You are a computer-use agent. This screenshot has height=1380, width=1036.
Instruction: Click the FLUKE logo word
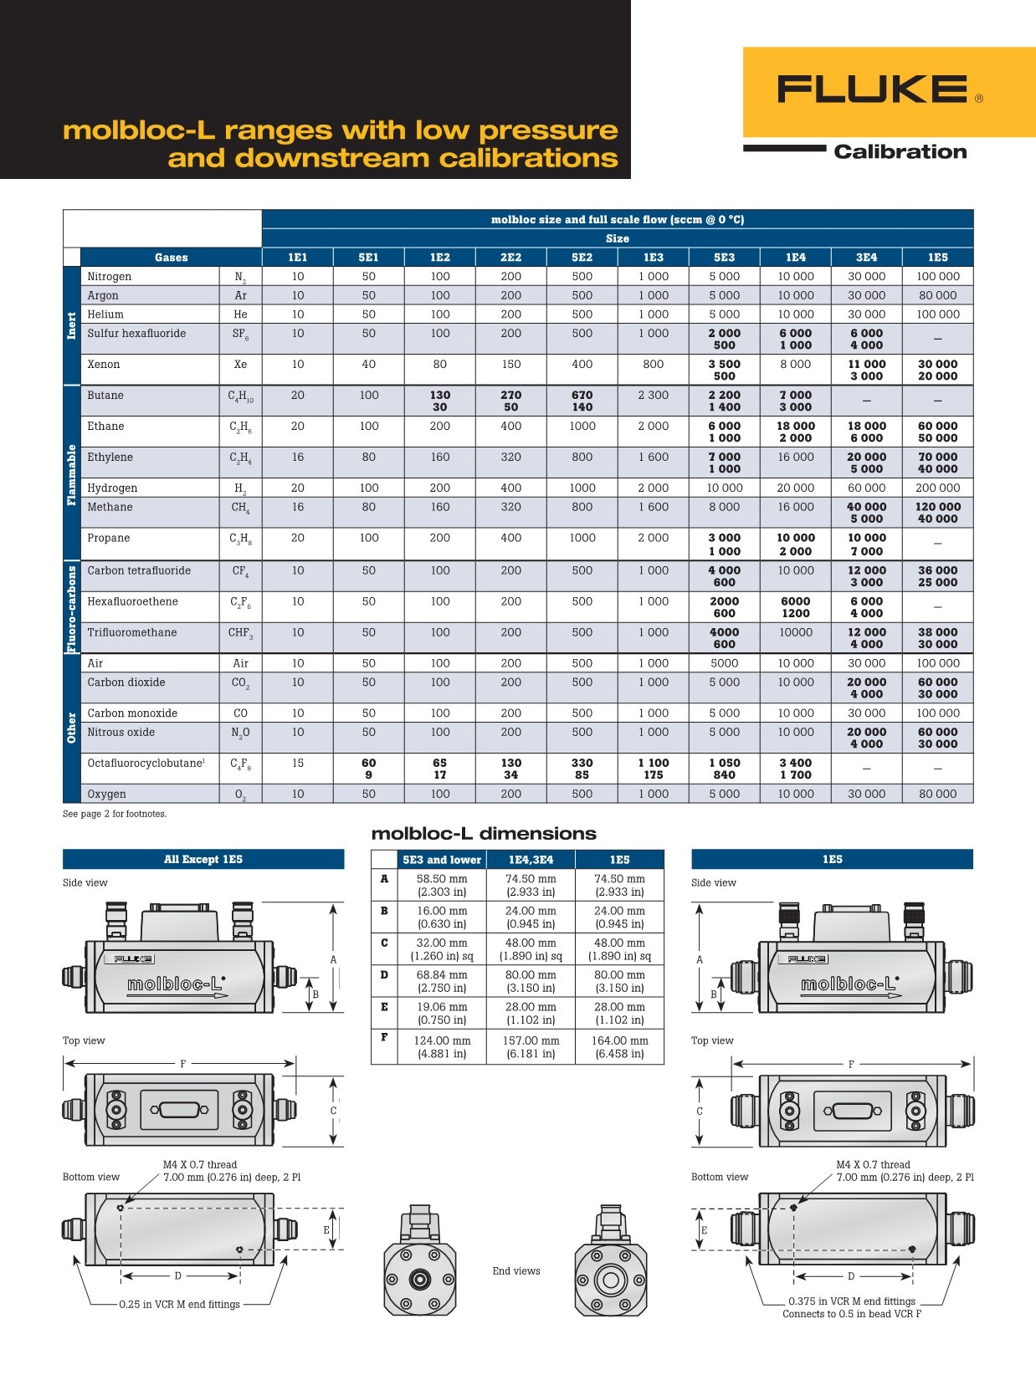coord(872,89)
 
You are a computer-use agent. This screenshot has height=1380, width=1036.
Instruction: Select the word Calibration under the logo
coord(900,151)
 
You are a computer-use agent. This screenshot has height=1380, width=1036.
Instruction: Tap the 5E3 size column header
coord(724,257)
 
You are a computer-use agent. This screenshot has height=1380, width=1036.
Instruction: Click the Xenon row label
coord(103,364)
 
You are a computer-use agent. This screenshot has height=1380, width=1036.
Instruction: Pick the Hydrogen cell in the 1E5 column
coord(937,488)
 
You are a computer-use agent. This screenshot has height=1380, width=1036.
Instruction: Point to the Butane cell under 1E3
coord(653,395)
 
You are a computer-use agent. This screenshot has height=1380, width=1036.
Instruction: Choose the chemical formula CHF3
coord(240,633)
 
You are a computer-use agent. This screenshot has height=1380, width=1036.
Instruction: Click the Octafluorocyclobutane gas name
coord(146,763)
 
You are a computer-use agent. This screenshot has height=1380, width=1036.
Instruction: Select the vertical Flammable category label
coord(72,475)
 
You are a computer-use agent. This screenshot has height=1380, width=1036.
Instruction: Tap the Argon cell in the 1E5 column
coord(937,295)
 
